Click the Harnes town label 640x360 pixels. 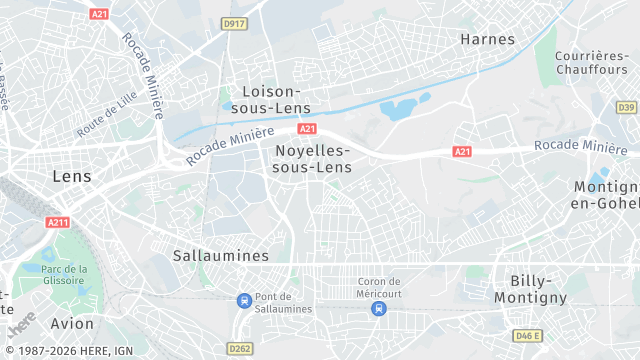(x=487, y=40)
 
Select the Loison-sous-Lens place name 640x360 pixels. (x=270, y=99)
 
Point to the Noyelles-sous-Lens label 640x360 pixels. (x=312, y=158)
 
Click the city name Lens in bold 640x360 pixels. (x=71, y=176)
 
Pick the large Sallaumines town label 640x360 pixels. (x=221, y=255)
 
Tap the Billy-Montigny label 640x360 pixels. (x=538, y=289)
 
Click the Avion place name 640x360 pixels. (x=72, y=323)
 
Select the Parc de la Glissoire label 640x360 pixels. (x=65, y=274)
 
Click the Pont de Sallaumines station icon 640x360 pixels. (x=244, y=300)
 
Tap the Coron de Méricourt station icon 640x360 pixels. (x=378, y=308)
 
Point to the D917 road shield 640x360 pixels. (x=235, y=23)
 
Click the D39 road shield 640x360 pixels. (x=626, y=107)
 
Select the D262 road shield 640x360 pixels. (x=239, y=348)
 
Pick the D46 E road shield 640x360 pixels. (x=527, y=335)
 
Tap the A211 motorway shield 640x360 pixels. (x=57, y=222)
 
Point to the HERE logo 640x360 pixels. (x=20, y=326)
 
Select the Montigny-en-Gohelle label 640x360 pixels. (x=606, y=195)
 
